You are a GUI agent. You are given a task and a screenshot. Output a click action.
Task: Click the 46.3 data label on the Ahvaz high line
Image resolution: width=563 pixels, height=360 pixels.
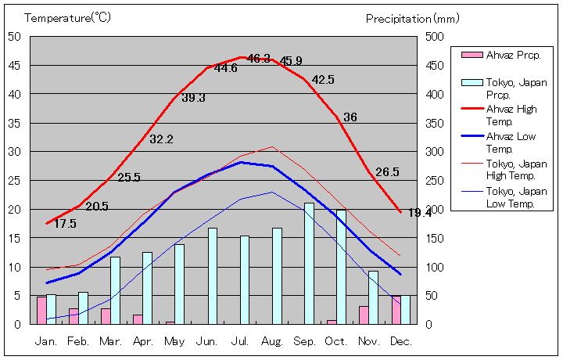(x=258, y=59)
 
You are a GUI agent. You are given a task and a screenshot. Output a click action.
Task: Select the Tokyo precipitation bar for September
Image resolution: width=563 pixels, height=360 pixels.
(x=310, y=263)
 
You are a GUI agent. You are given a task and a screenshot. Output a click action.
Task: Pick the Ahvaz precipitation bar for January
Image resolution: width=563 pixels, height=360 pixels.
(x=41, y=310)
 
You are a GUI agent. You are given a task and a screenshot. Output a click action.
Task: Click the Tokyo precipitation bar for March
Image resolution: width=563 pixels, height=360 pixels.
(x=116, y=290)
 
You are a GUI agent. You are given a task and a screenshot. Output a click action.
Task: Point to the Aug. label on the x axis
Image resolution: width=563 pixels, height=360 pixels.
(x=272, y=342)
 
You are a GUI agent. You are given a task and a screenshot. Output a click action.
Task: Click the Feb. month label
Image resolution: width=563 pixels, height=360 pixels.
(x=78, y=342)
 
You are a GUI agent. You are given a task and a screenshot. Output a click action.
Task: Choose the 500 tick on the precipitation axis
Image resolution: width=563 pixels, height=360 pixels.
(x=434, y=37)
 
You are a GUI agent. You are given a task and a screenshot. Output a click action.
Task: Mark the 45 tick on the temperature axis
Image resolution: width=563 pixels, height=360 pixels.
(x=15, y=66)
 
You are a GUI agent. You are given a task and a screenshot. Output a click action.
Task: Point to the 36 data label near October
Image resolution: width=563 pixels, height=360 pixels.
(x=350, y=117)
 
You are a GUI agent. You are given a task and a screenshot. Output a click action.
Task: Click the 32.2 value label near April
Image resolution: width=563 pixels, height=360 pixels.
(x=161, y=139)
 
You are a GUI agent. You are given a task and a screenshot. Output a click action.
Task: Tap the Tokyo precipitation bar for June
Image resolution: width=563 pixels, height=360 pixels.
(x=213, y=275)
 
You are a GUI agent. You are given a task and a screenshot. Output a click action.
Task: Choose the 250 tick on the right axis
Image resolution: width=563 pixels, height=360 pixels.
(x=434, y=181)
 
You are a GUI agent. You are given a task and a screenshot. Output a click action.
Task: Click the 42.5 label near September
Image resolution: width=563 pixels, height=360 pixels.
(x=323, y=80)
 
